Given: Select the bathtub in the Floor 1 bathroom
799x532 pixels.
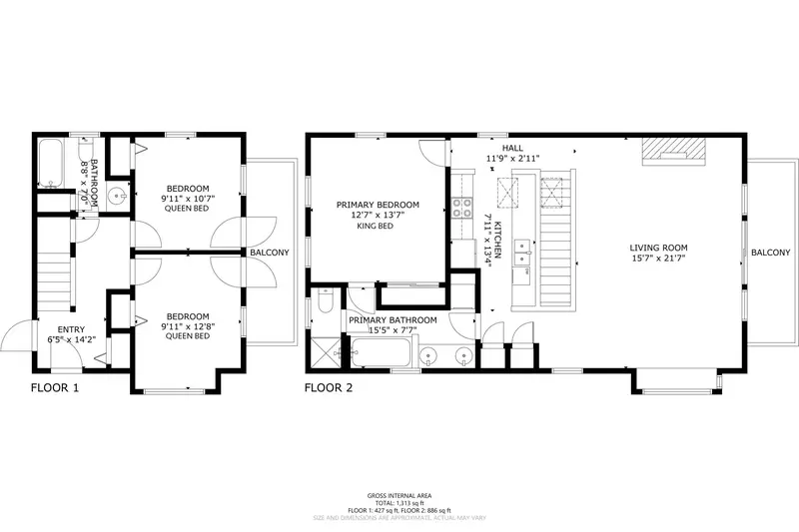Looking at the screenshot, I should click(50, 165).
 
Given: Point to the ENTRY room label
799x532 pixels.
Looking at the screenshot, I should click(71, 328).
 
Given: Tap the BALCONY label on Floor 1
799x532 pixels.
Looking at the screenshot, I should click(270, 253).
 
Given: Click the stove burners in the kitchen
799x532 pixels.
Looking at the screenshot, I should click(463, 209).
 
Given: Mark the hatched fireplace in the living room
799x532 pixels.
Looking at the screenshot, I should click(672, 148).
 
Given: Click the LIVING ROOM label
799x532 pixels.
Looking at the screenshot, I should click(658, 248).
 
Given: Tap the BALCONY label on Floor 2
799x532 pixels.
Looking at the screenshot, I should click(770, 253).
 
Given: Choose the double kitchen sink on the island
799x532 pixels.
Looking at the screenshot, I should click(521, 256).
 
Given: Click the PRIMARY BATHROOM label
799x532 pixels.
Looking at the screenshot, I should click(393, 320).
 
